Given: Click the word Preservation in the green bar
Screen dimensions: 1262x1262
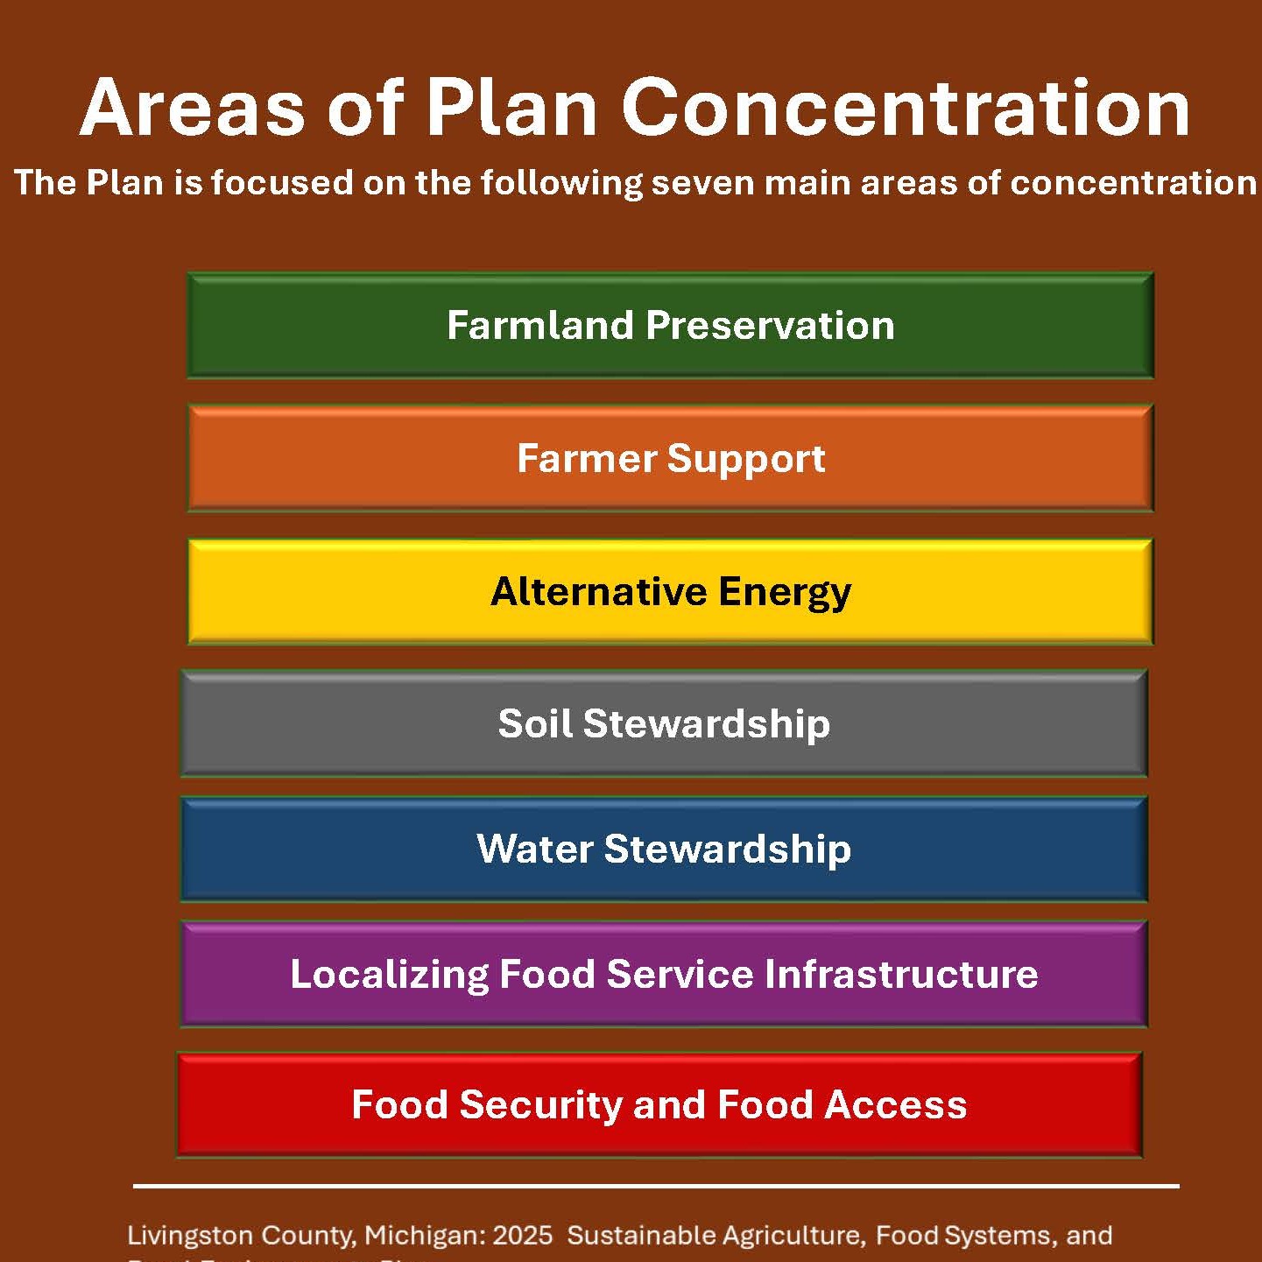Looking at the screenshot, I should (x=770, y=326).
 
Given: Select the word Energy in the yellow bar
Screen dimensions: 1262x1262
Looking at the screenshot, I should (x=785, y=593).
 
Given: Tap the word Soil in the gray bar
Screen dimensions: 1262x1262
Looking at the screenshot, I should (x=533, y=724).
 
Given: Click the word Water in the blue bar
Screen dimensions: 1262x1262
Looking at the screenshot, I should (x=534, y=850).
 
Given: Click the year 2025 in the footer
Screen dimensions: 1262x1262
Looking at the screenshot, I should (x=523, y=1236).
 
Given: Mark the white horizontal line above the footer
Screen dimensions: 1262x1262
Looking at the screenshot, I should (x=656, y=1186).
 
